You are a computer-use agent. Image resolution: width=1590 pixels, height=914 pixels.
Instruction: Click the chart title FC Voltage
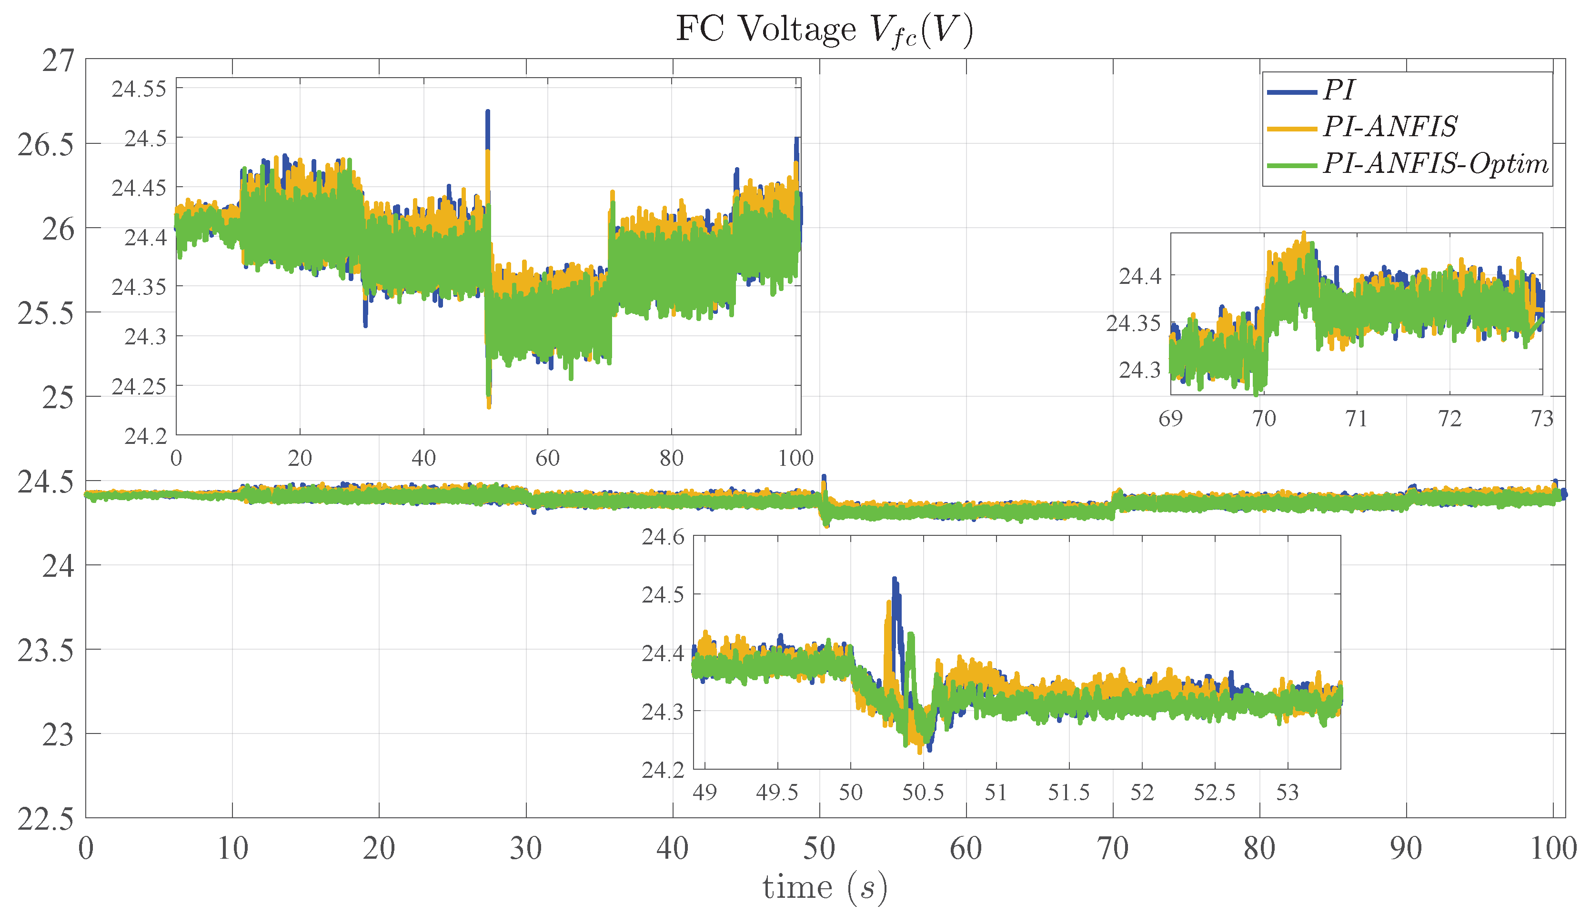(x=824, y=30)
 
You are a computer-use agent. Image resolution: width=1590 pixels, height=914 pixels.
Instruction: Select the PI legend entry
(x=1338, y=90)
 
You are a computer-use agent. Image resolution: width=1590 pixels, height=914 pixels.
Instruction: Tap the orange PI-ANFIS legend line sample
(x=1291, y=129)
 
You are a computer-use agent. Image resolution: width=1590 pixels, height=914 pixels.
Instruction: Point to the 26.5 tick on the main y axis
(x=45, y=145)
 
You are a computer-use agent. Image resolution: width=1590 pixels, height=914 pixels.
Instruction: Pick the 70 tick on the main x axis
(x=1112, y=849)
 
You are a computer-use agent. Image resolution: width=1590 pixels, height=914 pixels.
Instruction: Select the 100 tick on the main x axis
(x=1553, y=849)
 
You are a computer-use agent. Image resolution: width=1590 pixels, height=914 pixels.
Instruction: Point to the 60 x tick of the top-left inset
(x=547, y=458)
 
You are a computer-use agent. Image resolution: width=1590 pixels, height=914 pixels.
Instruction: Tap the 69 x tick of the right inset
(x=1171, y=419)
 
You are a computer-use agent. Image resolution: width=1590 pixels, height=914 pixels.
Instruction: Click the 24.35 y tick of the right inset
(x=1133, y=324)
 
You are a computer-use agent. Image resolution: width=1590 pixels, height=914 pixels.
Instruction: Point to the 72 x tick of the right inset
(x=1449, y=419)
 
